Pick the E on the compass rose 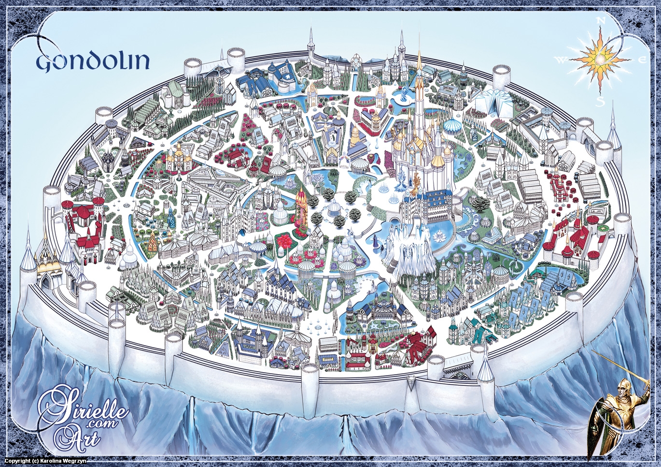point(642,60)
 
